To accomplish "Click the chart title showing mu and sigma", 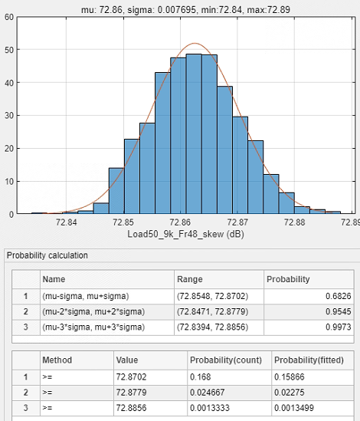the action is coord(185,10).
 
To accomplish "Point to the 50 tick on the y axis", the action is coord(9,50).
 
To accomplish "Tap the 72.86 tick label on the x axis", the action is coord(180,222).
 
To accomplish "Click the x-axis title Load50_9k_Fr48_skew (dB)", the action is coord(185,234).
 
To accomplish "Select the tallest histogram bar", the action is coord(194,134).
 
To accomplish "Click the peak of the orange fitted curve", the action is coord(195,43).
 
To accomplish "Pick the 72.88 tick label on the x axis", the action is coord(294,222).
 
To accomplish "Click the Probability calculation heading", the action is coord(47,255).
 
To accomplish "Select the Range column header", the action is coord(190,279).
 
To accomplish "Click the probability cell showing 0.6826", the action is coord(339,296).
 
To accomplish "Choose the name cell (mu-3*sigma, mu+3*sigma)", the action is coord(93,327).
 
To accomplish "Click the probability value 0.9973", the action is coord(339,327).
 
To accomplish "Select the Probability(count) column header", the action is coord(226,360).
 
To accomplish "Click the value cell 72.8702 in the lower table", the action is coord(131,377).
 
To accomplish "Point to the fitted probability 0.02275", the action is coord(290,393).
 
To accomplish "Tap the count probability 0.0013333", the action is coord(210,408).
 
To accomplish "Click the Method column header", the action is coord(57,360).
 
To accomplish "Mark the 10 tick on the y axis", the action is coord(9,182).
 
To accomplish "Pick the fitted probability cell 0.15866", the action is coord(290,377).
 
